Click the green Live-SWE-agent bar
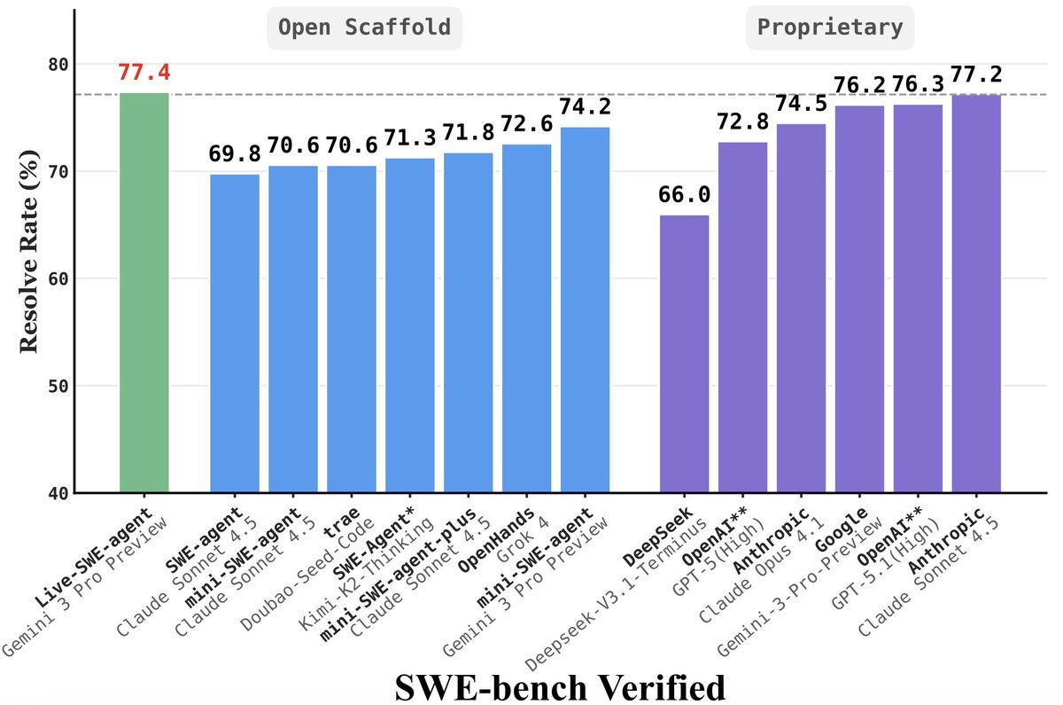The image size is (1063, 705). [144, 293]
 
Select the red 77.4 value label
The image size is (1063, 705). [144, 73]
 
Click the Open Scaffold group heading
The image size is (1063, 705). [366, 27]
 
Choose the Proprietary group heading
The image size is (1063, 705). [829, 27]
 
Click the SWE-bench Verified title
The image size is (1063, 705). [560, 685]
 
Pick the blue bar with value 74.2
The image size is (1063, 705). [585, 310]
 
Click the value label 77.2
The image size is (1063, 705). [976, 74]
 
